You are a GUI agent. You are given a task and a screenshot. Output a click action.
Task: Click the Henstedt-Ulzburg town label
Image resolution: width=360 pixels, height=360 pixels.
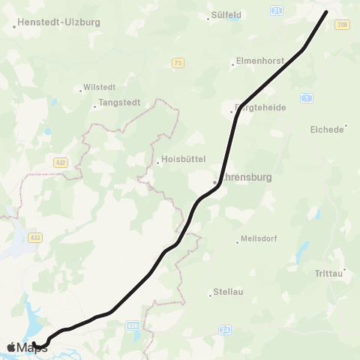point(56,22)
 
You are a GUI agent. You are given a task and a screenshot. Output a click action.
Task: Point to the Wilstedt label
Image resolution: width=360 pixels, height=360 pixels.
point(99,88)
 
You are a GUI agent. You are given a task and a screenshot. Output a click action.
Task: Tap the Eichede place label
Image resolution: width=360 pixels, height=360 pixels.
point(326,129)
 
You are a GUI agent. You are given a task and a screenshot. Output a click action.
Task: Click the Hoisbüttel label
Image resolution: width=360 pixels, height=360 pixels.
point(183,160)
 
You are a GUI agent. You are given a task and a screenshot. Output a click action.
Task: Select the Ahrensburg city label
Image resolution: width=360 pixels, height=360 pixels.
point(247,181)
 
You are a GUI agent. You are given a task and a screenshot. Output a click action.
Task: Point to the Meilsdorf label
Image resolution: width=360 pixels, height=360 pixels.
point(259,239)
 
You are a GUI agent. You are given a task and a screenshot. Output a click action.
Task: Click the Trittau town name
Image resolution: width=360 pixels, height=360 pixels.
point(329,274)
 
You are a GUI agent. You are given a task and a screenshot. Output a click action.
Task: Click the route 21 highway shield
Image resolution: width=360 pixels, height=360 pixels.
point(277,10)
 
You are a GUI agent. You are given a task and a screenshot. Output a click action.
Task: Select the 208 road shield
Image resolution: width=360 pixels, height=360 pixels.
point(343,25)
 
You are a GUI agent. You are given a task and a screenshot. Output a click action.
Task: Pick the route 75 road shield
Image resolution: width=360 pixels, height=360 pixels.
point(177,63)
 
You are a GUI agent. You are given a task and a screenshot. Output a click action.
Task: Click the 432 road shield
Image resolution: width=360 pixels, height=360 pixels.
point(61,162)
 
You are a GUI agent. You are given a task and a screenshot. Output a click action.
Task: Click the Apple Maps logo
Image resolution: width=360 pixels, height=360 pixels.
point(27,346)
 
